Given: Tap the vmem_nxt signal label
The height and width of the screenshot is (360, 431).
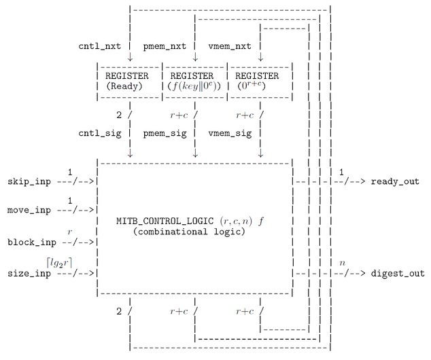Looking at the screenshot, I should click(229, 46).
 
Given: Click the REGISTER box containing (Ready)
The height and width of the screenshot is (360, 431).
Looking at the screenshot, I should click(128, 81).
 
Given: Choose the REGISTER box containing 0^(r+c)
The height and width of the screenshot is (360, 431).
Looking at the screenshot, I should click(260, 81).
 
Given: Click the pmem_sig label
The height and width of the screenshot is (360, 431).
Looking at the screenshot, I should click(167, 133).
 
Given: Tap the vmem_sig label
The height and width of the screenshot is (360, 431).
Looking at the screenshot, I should click(229, 133).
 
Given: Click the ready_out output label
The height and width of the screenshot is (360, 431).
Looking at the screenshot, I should click(395, 181).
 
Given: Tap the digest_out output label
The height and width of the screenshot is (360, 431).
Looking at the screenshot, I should click(398, 273).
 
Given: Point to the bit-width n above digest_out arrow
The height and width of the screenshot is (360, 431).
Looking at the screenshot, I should click(342, 262).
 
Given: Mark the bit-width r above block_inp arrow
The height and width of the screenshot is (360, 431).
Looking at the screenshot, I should click(69, 231).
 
